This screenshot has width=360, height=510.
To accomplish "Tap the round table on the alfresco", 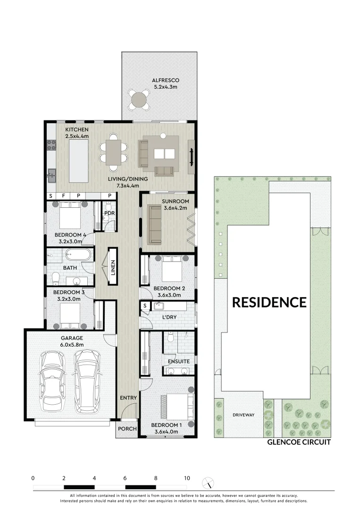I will point(139,100).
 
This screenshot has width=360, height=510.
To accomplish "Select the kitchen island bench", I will point(79,161).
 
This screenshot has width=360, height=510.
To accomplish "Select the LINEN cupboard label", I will point(113,266).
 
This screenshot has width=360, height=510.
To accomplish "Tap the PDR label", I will point(109,213).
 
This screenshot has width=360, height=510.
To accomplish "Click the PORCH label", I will point(127,429).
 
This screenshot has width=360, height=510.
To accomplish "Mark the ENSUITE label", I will point(179,361).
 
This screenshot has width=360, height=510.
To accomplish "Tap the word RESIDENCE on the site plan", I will point(269,302).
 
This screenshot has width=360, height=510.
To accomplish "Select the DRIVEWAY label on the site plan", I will point(243,415).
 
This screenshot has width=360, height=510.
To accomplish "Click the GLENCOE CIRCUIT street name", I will point(299,442).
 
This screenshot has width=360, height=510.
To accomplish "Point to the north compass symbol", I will point(207,484).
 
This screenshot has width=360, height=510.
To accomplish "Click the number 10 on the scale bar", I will point(187,478).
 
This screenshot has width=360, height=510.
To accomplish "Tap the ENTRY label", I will point(128,398).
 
